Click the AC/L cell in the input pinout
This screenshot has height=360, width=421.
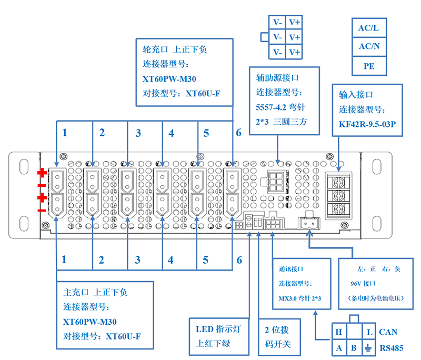(369, 28)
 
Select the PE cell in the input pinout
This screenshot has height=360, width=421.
(369, 66)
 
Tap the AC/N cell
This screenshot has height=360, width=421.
(369, 47)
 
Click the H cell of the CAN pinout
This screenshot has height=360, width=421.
(339, 332)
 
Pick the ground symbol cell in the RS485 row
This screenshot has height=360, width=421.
(368, 348)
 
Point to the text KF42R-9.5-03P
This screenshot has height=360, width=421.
(367, 124)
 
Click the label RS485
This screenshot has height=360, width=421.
(392, 348)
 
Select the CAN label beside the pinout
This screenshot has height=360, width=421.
(388, 332)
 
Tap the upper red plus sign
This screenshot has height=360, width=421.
(42, 173)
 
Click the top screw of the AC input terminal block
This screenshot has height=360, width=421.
(338, 183)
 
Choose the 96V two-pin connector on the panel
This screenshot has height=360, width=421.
(309, 223)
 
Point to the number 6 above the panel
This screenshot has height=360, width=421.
(239, 133)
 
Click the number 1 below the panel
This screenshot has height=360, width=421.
(64, 259)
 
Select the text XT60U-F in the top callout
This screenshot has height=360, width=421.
(203, 94)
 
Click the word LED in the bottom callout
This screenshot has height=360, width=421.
(204, 329)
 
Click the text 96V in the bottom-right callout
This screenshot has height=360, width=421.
(356, 284)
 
